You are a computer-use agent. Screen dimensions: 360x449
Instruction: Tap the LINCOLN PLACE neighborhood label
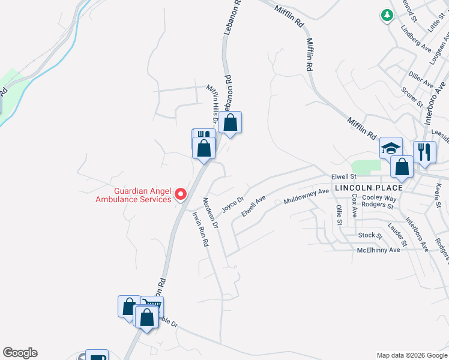(x=369, y=188)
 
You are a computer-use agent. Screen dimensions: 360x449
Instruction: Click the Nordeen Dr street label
(x=211, y=213)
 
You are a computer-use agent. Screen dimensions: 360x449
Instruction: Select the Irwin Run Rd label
(x=200, y=229)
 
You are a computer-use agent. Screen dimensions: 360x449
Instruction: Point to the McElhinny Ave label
(x=378, y=250)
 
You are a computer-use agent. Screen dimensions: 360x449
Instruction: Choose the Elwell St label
(x=344, y=176)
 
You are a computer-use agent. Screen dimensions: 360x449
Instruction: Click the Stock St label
(x=369, y=235)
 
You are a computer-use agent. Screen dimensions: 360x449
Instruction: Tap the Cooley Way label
(x=379, y=198)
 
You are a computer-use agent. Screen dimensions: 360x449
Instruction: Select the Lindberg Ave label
(x=416, y=38)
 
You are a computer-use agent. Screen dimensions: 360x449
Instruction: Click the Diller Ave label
(x=421, y=79)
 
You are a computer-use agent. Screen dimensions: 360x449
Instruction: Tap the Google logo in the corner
(x=20, y=353)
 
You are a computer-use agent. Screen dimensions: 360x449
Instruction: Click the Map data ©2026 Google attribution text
(x=411, y=355)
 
